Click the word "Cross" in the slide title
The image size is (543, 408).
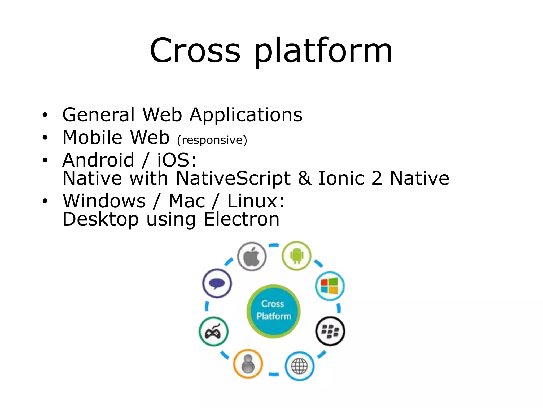click(x=195, y=51)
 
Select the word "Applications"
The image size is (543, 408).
click(x=246, y=115)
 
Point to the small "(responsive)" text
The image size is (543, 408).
click(x=212, y=140)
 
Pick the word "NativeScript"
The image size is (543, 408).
click(x=233, y=178)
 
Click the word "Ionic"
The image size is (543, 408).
click(x=341, y=178)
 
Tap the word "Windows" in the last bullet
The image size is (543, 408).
click(x=104, y=201)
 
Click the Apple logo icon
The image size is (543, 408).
click(x=252, y=256)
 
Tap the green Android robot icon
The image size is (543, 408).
click(x=296, y=256)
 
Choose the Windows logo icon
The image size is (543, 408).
click(x=330, y=286)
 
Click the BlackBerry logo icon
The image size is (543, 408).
click(x=330, y=331)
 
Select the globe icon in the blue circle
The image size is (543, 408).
click(x=299, y=366)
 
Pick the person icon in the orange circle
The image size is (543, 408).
click(x=248, y=363)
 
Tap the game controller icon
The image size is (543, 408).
click(x=213, y=331)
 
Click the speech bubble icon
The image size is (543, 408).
click(x=217, y=283)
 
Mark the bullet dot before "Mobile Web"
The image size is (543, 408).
click(x=45, y=138)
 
